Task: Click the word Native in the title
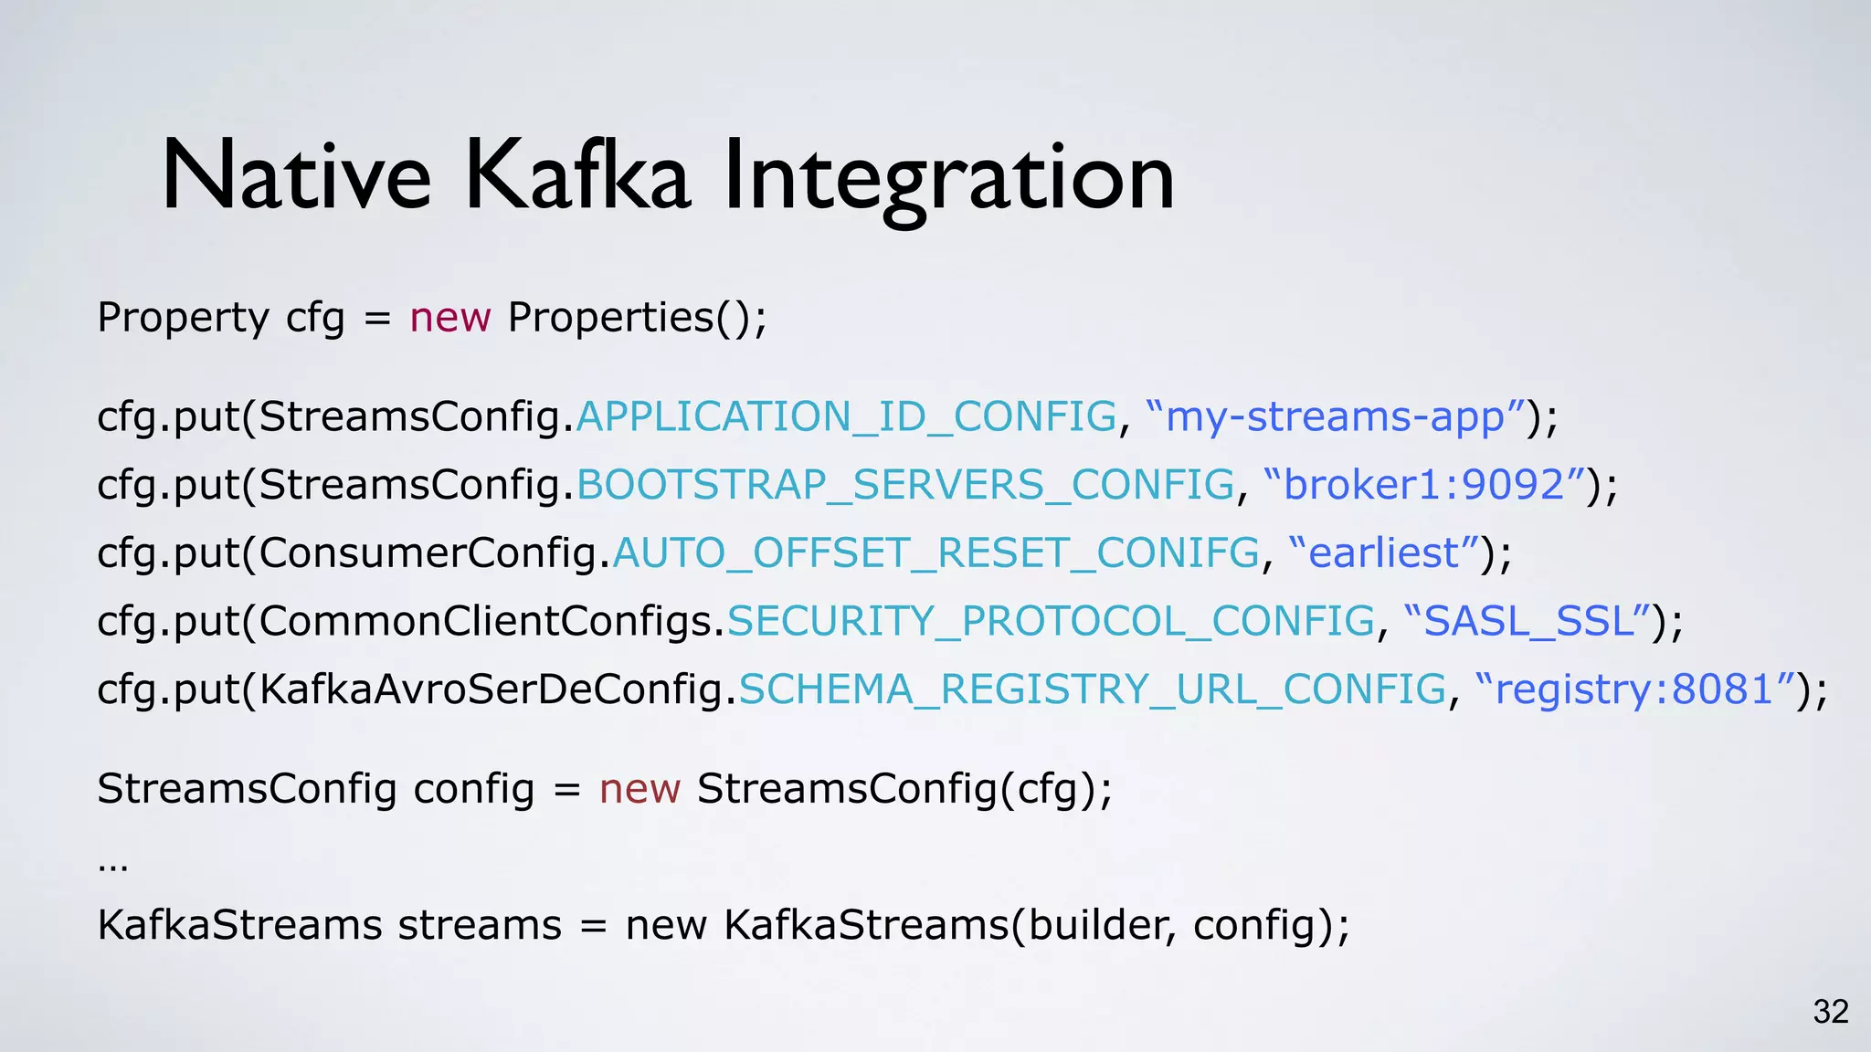(295, 175)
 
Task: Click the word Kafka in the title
(577, 175)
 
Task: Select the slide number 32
(1831, 1012)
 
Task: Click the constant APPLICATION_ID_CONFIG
(846, 417)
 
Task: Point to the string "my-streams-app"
(1335, 417)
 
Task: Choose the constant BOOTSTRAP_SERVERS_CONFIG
(905, 485)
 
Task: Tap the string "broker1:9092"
(1424, 485)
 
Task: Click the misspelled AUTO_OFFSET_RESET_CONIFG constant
(936, 553)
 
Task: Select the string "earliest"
(1384, 553)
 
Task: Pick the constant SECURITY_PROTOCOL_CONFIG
(1051, 622)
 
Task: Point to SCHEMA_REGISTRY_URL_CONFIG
(1093, 689)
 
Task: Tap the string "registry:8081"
(1634, 689)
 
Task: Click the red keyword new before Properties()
(450, 318)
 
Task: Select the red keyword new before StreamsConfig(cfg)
(640, 789)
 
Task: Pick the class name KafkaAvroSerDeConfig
(491, 689)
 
